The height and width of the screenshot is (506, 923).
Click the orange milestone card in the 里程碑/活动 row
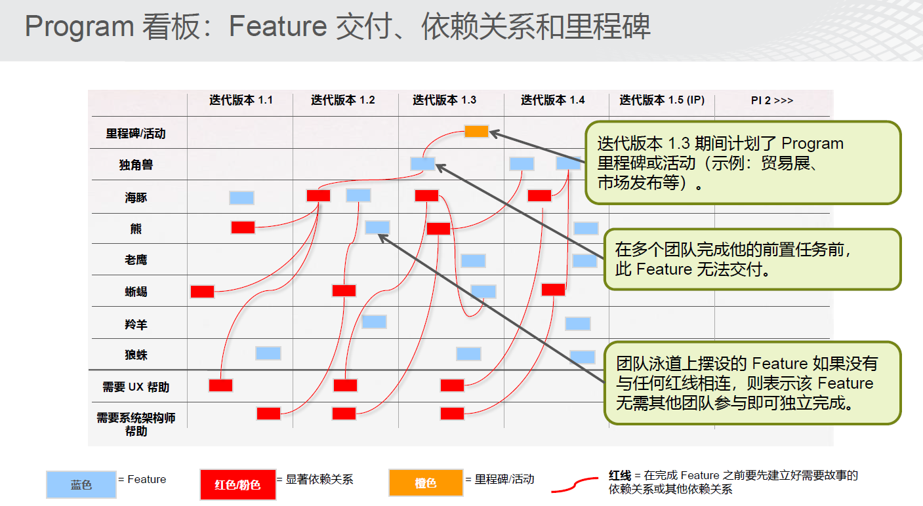(476, 131)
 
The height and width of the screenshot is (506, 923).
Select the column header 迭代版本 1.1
(241, 100)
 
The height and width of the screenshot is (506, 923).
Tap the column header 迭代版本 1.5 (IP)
(662, 100)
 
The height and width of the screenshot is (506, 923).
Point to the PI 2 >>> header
(771, 100)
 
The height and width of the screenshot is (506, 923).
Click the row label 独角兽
(136, 165)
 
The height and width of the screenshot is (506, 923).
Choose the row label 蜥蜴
(136, 292)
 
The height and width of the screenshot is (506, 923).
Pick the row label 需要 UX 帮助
(136, 387)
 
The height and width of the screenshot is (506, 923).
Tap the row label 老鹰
(136, 260)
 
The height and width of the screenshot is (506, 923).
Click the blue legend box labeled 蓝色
(81, 484)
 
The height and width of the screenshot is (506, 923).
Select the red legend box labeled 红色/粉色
(237, 484)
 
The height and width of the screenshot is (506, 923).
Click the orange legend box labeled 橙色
(426, 482)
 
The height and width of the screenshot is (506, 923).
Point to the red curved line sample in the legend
(575, 484)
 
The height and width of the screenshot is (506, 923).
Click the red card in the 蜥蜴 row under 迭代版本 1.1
(202, 292)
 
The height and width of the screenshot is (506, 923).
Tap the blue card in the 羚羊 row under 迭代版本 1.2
(374, 322)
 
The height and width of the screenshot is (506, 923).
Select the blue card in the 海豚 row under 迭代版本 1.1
(242, 198)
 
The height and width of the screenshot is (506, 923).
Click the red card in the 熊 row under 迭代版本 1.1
(243, 227)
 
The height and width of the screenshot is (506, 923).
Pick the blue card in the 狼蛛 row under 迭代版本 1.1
(268, 353)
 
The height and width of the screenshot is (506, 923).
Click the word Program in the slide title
(79, 27)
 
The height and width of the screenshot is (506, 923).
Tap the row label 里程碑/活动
(136, 134)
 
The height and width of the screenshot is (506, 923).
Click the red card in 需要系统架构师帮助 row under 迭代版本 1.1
(269, 413)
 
